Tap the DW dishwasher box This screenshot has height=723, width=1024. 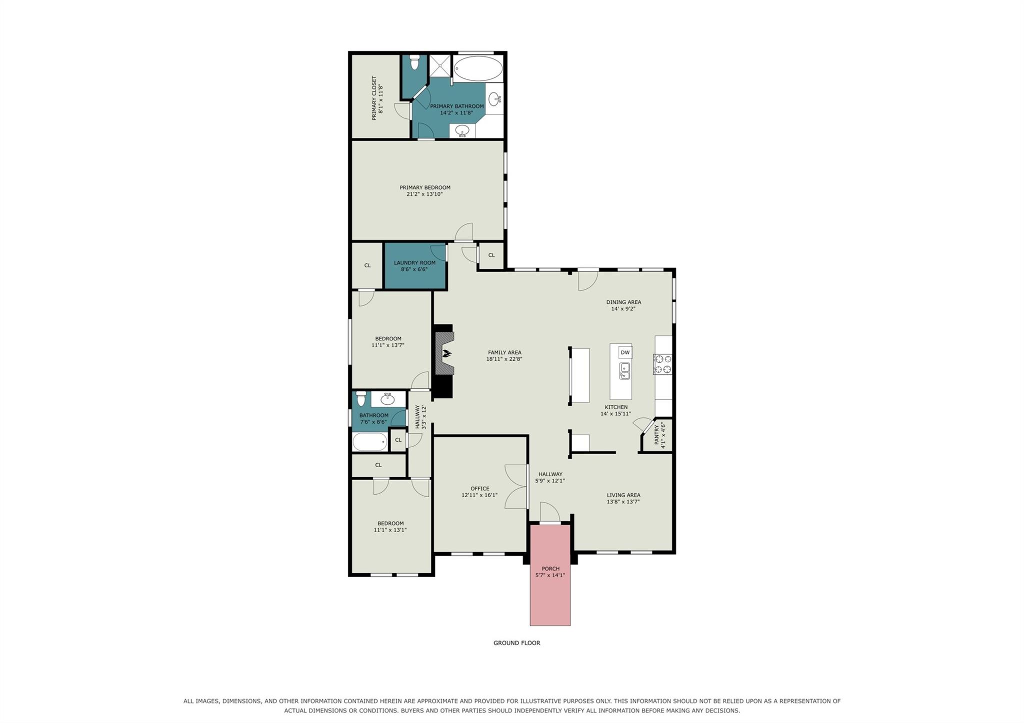click(625, 352)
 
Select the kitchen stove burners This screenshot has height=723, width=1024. click(662, 364)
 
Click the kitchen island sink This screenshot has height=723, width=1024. click(624, 371)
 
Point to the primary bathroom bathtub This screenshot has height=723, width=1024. click(478, 68)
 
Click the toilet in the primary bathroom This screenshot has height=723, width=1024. click(414, 62)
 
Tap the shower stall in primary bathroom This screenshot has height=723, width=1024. click(440, 66)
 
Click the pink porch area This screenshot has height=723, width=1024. click(550, 575)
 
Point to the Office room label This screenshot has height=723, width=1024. click(480, 489)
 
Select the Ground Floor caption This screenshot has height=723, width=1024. click(517, 643)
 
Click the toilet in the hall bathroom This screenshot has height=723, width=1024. click(361, 399)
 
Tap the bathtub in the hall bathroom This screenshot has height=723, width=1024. click(370, 442)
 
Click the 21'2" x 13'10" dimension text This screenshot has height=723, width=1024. click(424, 194)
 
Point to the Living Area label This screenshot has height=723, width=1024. click(623, 495)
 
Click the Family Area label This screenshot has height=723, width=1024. click(504, 353)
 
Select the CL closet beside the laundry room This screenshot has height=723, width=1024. click(367, 265)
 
